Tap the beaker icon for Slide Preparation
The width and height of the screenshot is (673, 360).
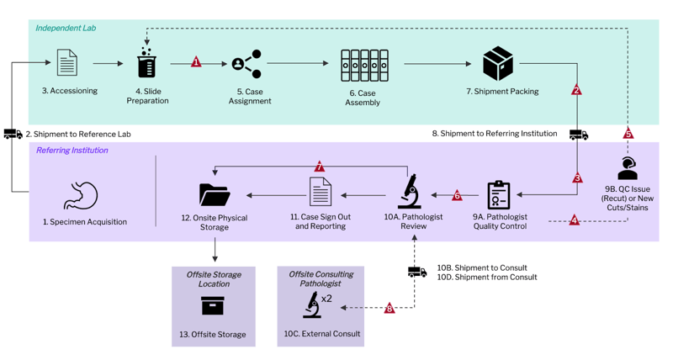(x=146, y=63)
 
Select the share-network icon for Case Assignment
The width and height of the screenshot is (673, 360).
(x=247, y=64)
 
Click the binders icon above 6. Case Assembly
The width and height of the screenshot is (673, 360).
(x=363, y=65)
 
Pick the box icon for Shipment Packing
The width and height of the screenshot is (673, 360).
(x=498, y=64)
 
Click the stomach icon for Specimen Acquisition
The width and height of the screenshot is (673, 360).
(x=82, y=196)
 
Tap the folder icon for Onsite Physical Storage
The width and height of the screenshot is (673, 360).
(x=215, y=194)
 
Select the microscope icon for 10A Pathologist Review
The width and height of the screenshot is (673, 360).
(x=410, y=192)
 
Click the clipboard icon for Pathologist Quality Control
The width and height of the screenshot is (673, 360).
(x=499, y=194)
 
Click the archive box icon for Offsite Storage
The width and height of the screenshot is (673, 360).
(x=213, y=307)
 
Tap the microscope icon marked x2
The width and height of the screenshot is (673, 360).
(x=312, y=305)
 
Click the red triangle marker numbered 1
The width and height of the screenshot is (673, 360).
(x=196, y=62)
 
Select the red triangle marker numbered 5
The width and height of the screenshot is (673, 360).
(x=628, y=134)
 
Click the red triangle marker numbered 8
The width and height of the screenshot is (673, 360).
(x=389, y=309)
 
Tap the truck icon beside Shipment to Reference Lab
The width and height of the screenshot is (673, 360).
(x=13, y=134)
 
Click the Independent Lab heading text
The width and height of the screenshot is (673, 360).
(x=66, y=29)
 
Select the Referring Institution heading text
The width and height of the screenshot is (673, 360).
(x=72, y=151)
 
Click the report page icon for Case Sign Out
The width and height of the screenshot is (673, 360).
(x=320, y=193)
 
